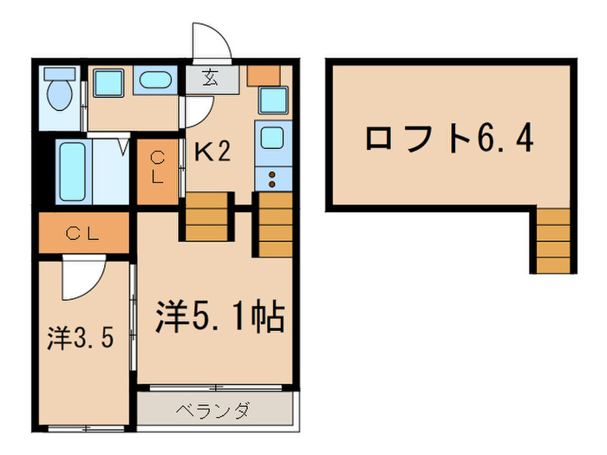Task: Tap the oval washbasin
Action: click(x=156, y=81)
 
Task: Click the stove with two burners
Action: click(x=273, y=180)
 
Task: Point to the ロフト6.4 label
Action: click(x=447, y=138)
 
